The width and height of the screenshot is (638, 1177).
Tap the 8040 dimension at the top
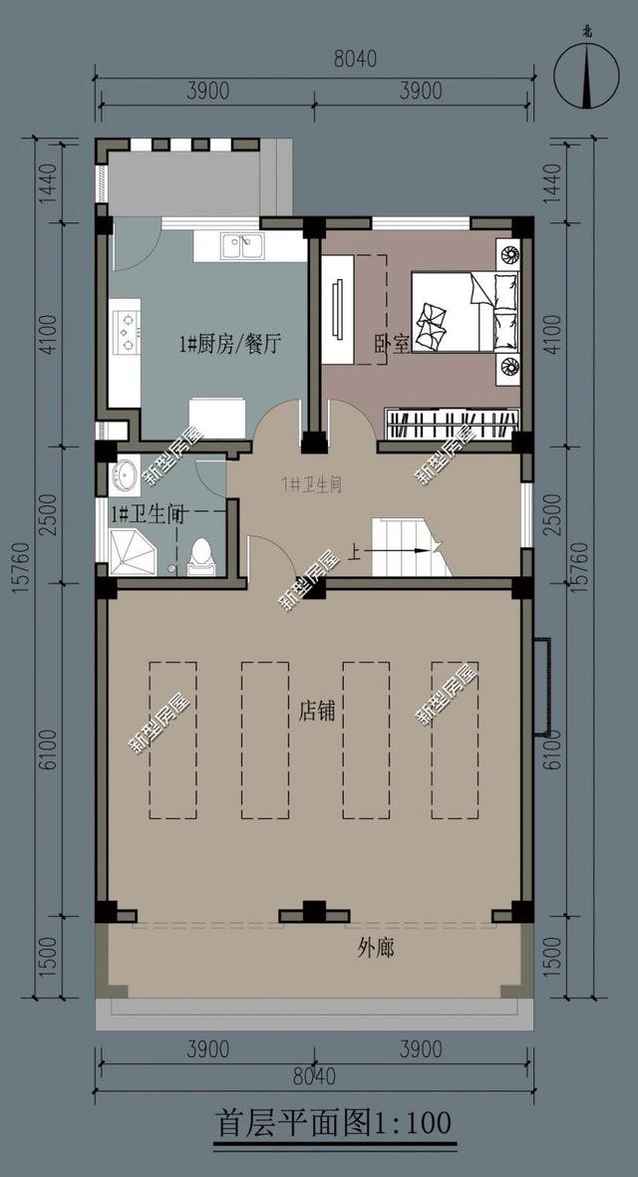[x=355, y=59]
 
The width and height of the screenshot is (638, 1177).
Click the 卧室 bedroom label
[x=392, y=345]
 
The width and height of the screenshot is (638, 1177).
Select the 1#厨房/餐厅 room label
[x=230, y=345]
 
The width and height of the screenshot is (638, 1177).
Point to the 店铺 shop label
[x=316, y=712]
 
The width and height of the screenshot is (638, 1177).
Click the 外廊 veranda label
[x=376, y=948]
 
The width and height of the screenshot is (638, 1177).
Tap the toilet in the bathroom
[x=201, y=557]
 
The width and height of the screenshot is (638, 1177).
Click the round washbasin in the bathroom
[x=126, y=474]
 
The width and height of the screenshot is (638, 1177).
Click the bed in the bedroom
[x=466, y=311]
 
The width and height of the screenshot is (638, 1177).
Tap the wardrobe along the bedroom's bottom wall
[x=453, y=423]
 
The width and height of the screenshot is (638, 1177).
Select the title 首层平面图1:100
[x=334, y=1122]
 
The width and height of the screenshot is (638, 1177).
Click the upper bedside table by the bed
[x=509, y=254]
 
